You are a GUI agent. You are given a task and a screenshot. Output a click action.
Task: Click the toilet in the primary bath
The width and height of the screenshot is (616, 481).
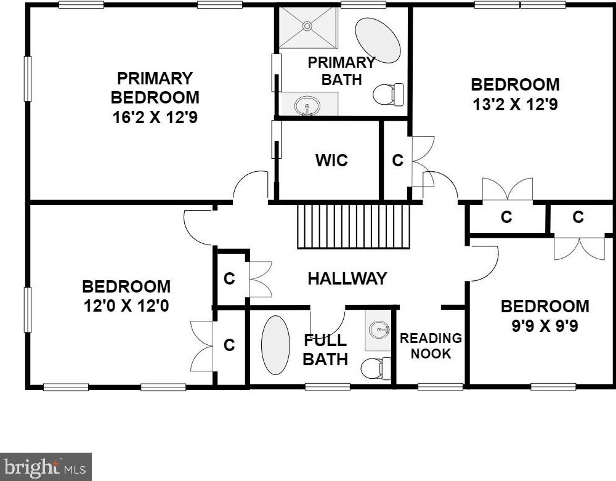coord(388,94)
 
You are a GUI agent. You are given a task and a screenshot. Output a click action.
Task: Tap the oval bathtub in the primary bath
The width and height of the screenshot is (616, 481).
coord(378,41)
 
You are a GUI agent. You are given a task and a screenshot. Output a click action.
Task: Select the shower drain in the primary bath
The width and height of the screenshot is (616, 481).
coord(307,26)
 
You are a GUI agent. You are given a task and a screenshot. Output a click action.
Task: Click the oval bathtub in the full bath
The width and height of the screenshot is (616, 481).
coord(276,345)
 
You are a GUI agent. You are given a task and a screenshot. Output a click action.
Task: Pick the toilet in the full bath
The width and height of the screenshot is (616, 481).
coord(376,368)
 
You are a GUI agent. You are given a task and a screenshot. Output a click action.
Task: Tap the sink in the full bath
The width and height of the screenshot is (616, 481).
coord(379,328)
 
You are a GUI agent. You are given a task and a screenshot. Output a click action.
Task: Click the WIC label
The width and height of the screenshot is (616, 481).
coord(331,160)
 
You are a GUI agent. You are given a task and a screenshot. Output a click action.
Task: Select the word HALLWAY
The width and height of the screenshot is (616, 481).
coord(347,278)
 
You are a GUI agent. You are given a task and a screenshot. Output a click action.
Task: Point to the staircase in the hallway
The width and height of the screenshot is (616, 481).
coord(354,227)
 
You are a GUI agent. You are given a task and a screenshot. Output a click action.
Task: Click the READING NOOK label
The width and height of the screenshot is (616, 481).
coord(431,346)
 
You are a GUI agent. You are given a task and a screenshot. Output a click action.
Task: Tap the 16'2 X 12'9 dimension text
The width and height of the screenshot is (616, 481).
coord(155,117)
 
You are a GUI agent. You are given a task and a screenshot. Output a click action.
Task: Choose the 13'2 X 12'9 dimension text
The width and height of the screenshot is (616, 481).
coord(515,105)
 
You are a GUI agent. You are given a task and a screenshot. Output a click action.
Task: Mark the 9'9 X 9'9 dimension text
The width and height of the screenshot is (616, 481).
coord(545,326)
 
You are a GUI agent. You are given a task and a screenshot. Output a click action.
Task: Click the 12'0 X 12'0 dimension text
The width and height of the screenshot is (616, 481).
coord(126,305)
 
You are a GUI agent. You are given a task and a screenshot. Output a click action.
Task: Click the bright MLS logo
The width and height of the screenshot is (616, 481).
coord(46,467)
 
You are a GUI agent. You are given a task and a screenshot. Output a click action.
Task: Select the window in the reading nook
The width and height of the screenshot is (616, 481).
coord(440,387)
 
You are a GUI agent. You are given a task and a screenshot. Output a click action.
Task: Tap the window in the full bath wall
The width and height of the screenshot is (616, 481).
coord(328,387)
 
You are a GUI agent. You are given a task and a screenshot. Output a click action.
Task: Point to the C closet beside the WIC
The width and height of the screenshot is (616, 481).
coord(397,160)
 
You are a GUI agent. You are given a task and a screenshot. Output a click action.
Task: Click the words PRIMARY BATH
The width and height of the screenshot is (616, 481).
coord(341,71)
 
